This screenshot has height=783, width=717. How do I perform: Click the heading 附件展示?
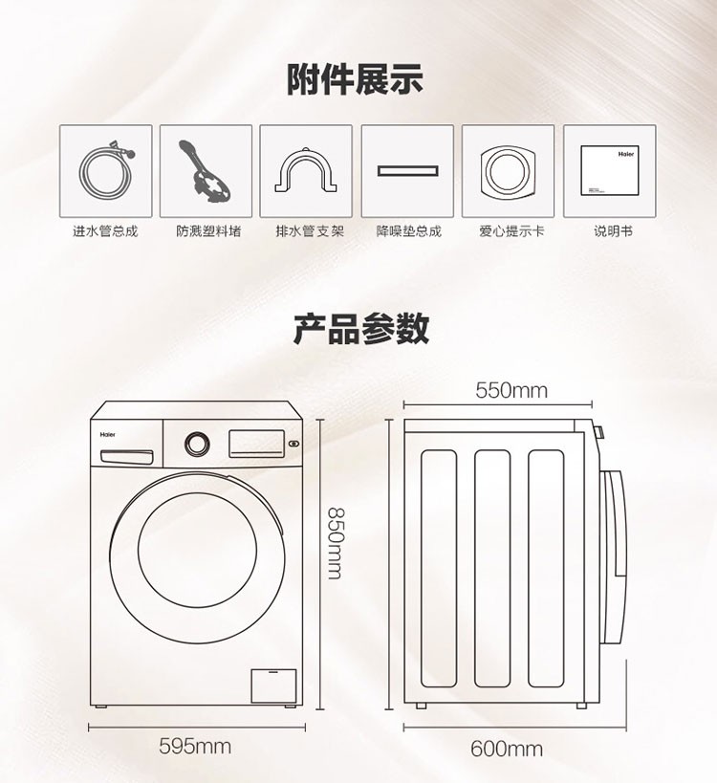tap(355, 79)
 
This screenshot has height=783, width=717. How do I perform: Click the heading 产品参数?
tap(361, 328)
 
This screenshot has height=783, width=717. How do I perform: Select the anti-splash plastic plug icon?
tap(206, 171)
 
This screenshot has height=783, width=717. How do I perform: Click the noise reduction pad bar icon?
tap(407, 171)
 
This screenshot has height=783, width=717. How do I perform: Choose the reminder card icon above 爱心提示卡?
tap(508, 171)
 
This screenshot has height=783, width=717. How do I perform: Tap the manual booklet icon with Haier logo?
tap(610, 170)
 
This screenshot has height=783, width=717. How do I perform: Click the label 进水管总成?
tap(105, 231)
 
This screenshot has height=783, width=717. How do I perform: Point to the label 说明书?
tap(613, 231)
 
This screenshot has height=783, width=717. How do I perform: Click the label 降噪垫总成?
tap(409, 231)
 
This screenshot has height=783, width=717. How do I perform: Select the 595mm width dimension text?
tap(195, 747)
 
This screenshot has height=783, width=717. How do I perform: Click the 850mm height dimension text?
tap(334, 543)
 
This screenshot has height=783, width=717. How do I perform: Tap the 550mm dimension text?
tap(511, 390)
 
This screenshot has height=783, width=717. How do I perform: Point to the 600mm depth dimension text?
tap(507, 749)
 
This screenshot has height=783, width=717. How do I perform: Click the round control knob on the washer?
tap(197, 444)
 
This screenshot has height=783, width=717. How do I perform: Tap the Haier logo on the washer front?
tap(107, 434)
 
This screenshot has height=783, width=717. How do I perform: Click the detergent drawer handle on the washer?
tap(127, 456)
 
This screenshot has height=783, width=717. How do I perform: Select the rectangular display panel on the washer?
tap(256, 444)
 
